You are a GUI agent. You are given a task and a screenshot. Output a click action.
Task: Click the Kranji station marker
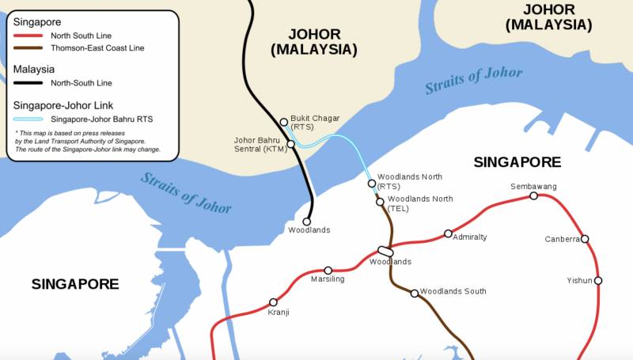pos(274,302)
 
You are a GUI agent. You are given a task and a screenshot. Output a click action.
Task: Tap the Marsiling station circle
pos(328,271)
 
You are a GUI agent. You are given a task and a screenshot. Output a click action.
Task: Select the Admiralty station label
pos(470,237)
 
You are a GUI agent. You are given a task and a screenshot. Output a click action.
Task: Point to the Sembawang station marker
pos(534,195)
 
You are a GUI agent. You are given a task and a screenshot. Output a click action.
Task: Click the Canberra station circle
pos(586,239)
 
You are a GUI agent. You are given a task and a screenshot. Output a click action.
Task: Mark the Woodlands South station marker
pos(414,294)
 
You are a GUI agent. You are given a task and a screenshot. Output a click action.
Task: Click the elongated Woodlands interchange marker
pos(385,252)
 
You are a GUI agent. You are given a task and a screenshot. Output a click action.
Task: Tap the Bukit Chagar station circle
pos(284,122)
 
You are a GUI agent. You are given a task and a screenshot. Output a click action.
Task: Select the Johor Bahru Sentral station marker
pos(291,145)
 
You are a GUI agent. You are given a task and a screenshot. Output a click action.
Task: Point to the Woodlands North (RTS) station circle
pos(372,184)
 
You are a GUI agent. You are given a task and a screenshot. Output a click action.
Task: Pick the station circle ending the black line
pos(308,222)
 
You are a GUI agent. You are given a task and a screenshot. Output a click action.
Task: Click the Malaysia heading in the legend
pos(34,69)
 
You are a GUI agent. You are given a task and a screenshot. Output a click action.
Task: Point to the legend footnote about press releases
pos(79,141)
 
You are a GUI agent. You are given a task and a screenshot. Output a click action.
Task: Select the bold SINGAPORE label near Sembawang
pos(517,162)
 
